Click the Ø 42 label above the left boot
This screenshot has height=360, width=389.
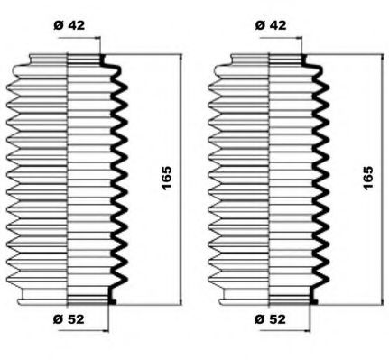click(x=69, y=25)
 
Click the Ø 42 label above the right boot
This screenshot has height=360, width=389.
click(x=271, y=25)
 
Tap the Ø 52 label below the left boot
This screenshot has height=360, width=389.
click(x=69, y=319)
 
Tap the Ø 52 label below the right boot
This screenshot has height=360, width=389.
click(x=270, y=319)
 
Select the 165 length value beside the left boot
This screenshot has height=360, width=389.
click(x=166, y=178)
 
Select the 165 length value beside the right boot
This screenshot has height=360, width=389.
click(x=367, y=178)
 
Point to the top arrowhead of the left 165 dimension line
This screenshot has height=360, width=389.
click(x=181, y=58)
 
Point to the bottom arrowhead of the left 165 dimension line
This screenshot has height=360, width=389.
click(x=181, y=301)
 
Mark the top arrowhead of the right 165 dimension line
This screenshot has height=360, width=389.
click(x=383, y=58)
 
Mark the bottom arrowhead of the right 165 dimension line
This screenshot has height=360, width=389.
click(x=383, y=301)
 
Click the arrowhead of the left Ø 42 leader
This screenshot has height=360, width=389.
click(x=97, y=38)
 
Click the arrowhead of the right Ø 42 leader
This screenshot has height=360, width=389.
click(x=299, y=38)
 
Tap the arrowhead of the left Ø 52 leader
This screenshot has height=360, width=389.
click(x=106, y=331)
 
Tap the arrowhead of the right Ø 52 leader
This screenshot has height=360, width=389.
click(x=307, y=331)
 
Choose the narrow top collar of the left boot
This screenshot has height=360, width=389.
click(x=66, y=60)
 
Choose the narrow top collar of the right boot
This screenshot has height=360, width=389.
click(x=267, y=60)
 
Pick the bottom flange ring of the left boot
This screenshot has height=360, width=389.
click(x=67, y=300)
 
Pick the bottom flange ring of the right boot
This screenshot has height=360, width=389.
click(x=268, y=300)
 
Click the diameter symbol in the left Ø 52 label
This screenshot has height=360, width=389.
click(x=59, y=319)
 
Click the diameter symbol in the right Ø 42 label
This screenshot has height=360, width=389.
click(x=261, y=25)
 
